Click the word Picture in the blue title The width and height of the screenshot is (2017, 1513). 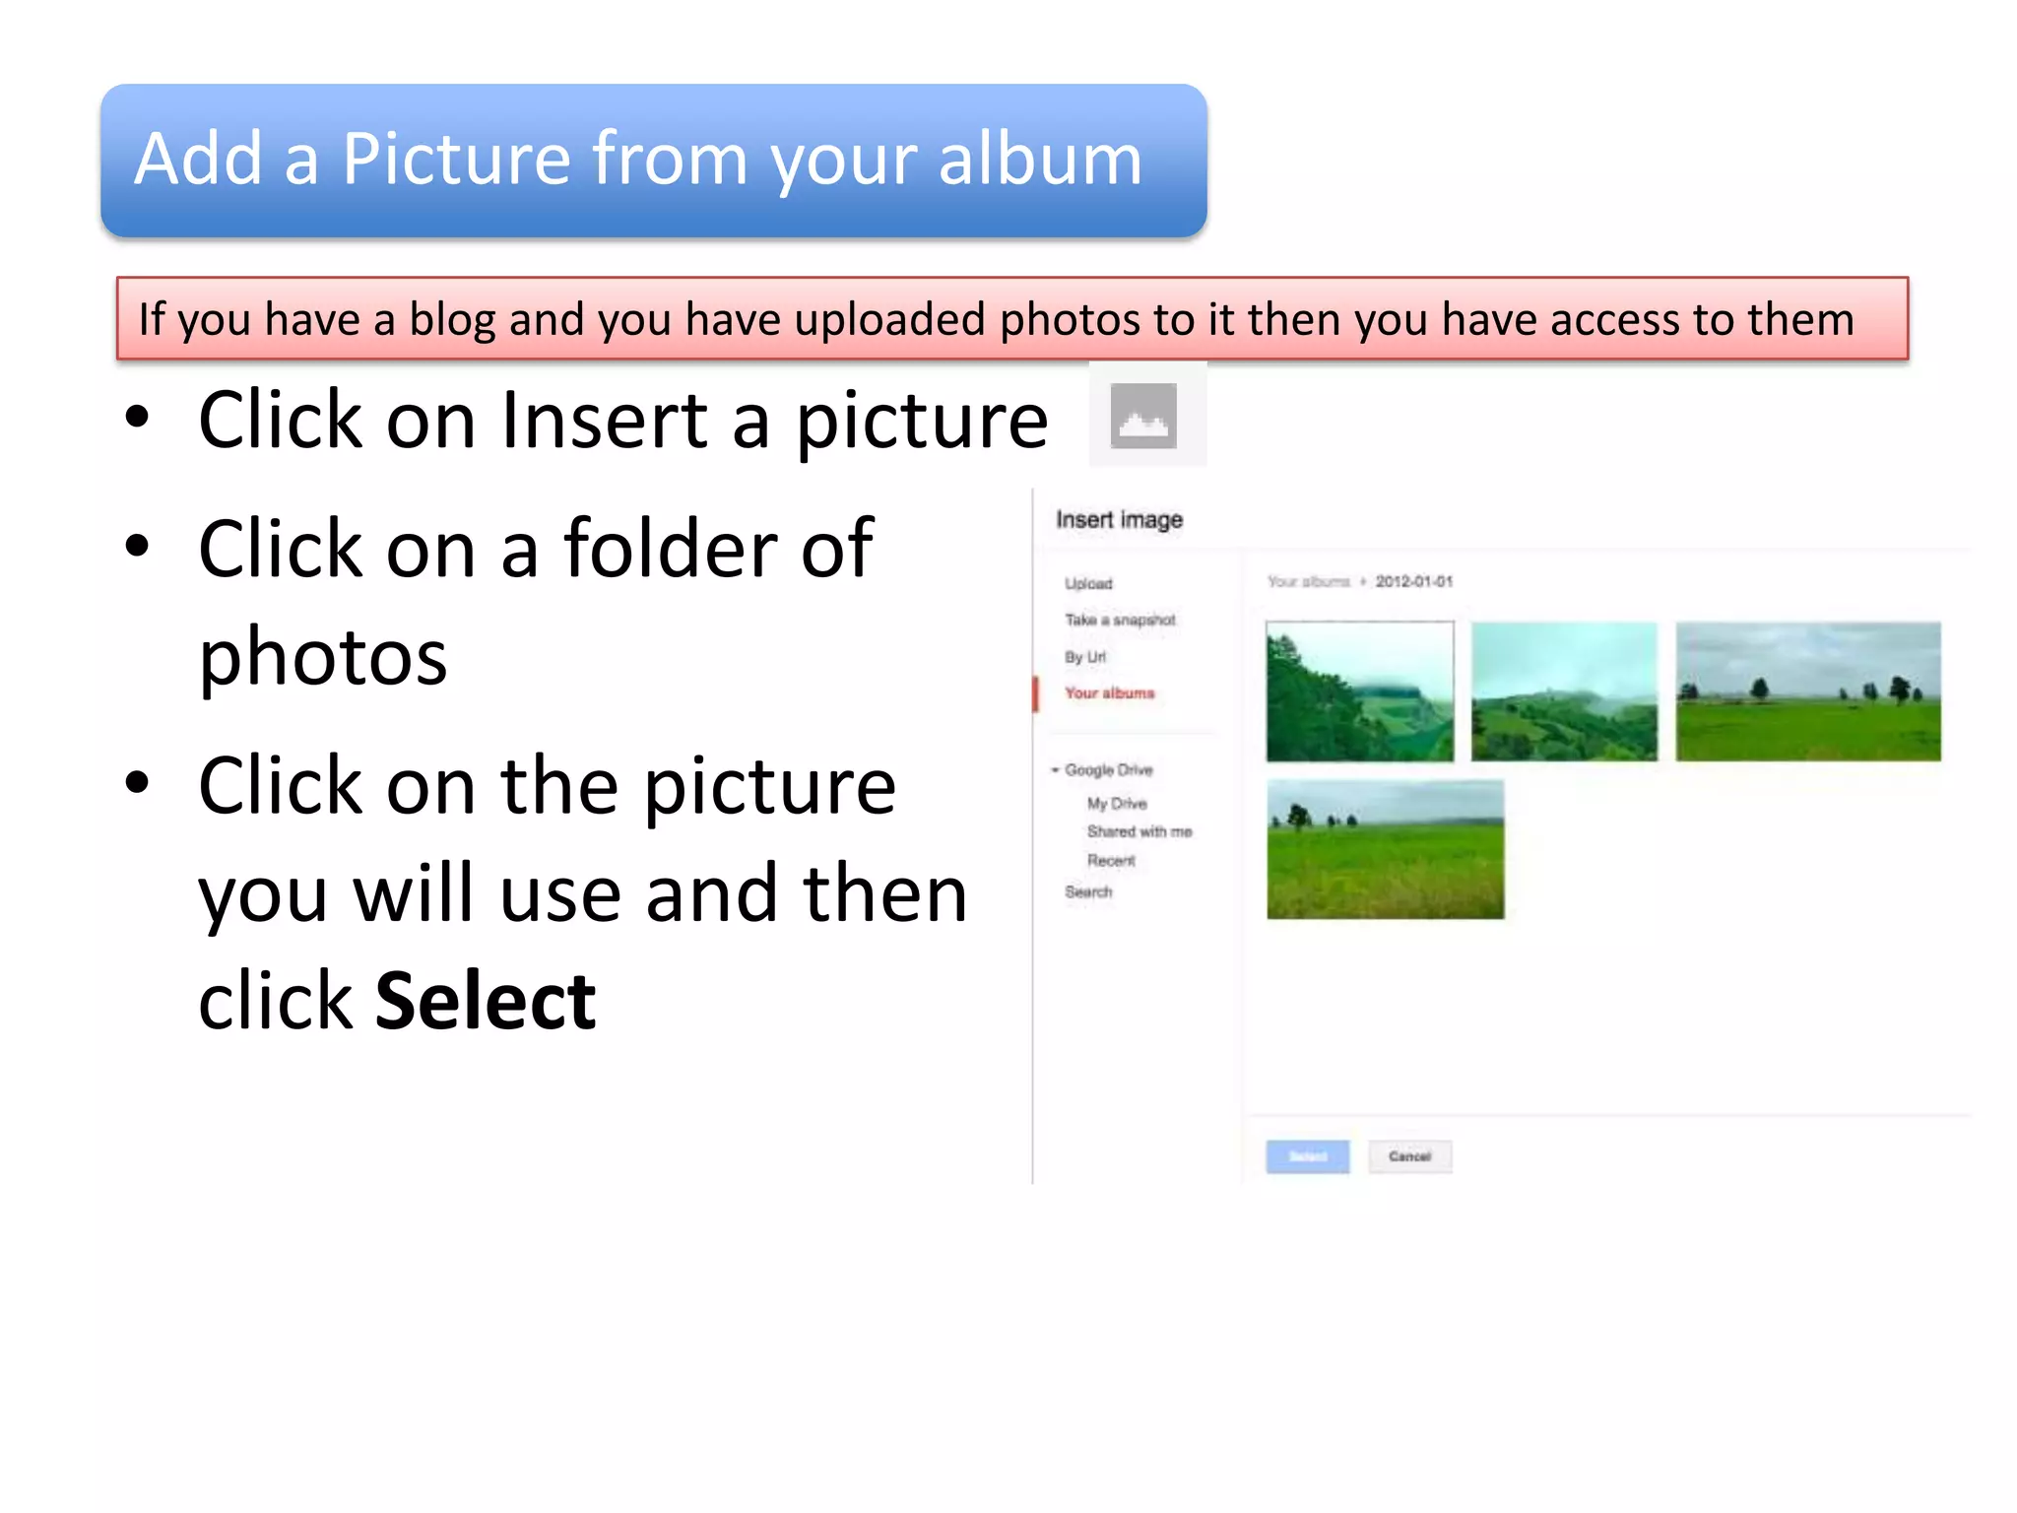455,160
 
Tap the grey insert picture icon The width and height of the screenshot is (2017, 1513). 1143,416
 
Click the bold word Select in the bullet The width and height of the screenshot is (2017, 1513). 486,1002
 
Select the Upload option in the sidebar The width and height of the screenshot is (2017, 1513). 1088,583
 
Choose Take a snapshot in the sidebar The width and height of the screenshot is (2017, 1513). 1120,620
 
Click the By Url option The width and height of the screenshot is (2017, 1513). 1084,657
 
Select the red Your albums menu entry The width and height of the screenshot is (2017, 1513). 1109,693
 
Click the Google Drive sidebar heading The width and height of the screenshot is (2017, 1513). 1108,769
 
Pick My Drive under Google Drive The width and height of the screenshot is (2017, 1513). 1117,804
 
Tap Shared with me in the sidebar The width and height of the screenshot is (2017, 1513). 1139,831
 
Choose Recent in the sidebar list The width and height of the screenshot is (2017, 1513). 1111,860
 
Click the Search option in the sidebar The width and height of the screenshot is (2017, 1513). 1088,891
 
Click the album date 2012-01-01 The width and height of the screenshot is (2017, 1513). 1413,581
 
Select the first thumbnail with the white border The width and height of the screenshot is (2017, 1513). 1359,691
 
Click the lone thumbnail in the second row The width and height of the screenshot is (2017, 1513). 1385,849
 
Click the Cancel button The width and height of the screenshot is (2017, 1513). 1409,1156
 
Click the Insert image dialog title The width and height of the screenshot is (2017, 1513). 1119,519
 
